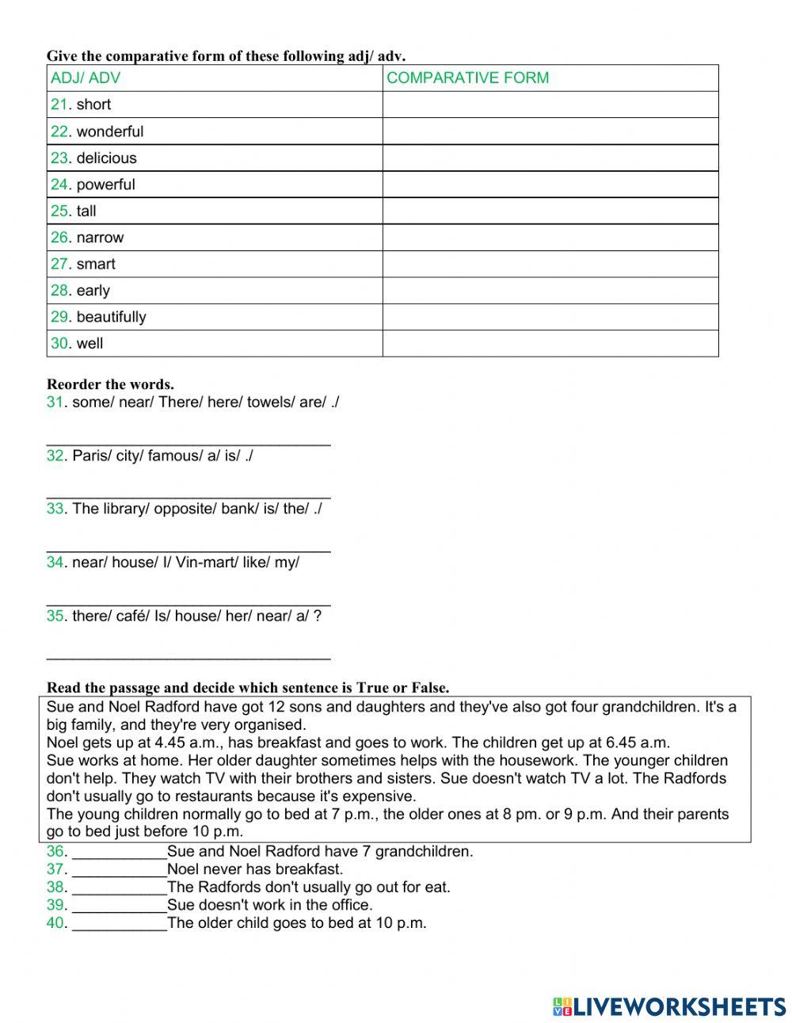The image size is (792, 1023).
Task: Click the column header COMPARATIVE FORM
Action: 467,78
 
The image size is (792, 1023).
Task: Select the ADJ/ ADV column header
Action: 86,78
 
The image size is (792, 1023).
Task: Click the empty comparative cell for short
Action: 550,105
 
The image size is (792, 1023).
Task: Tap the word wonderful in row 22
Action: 110,132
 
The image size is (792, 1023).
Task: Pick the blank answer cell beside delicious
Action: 550,158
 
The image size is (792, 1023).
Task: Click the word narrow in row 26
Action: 100,238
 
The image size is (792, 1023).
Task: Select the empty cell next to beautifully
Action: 550,317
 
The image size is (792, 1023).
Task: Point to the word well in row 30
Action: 89,344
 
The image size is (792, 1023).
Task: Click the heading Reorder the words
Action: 110,385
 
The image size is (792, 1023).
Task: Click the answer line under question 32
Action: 188,495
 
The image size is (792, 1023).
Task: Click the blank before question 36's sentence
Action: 119,853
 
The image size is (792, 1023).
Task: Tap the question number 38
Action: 55,887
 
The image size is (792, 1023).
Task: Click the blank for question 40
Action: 119,924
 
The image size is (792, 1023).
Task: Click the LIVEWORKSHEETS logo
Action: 669,1006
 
